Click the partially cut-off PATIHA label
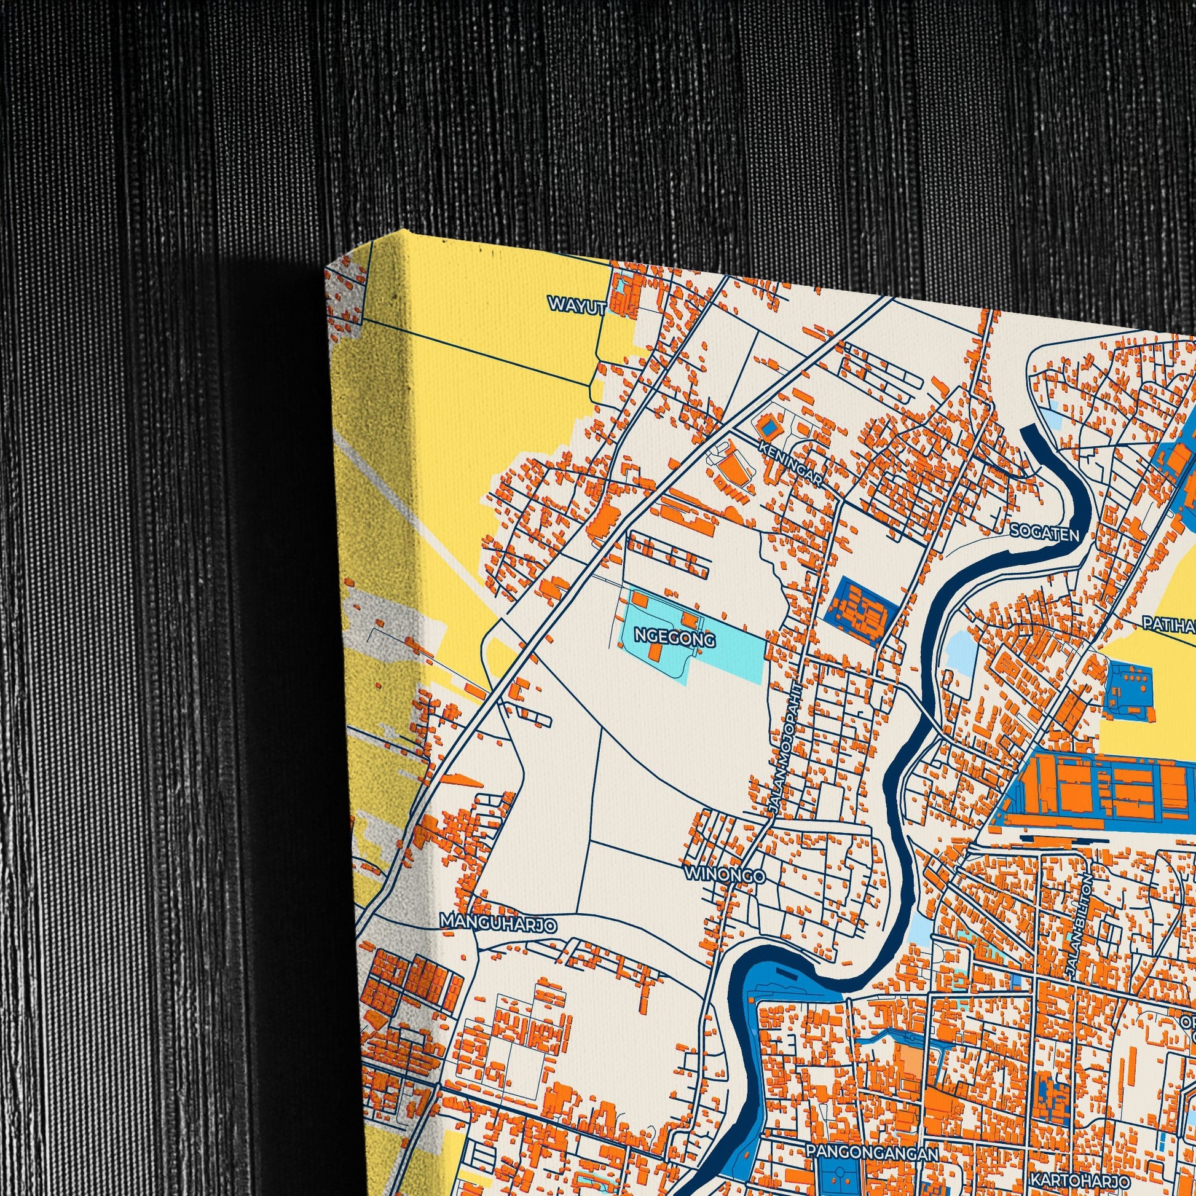tap(1170, 623)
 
